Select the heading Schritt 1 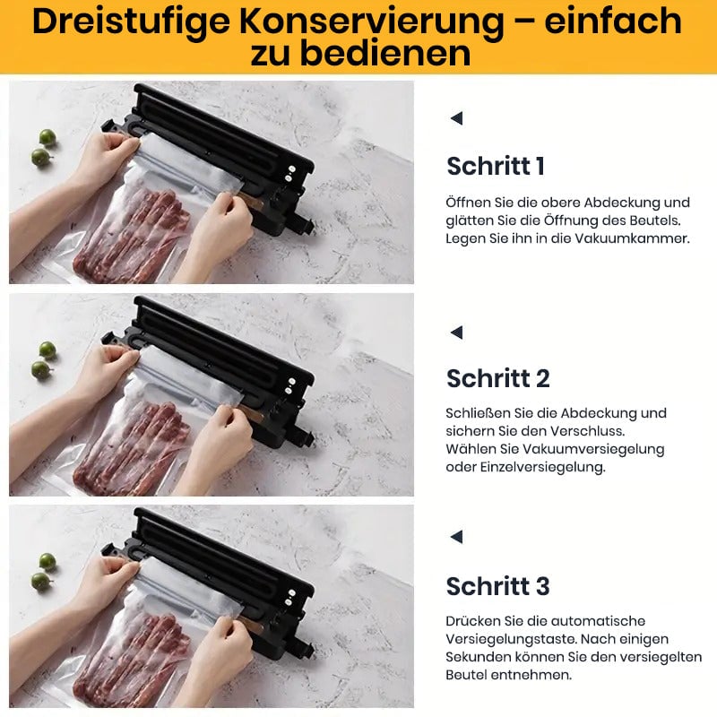click(x=496, y=166)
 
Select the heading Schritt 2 click(x=498, y=378)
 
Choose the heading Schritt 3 click(x=498, y=586)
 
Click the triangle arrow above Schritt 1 click(x=456, y=118)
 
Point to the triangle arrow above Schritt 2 click(x=456, y=333)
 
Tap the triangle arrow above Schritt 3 click(x=456, y=537)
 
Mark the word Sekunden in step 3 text click(x=478, y=657)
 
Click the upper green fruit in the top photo click(x=48, y=137)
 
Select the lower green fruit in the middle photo click(x=40, y=370)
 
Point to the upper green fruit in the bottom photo click(x=48, y=561)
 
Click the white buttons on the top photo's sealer click(x=289, y=173)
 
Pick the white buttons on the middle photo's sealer click(x=289, y=385)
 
